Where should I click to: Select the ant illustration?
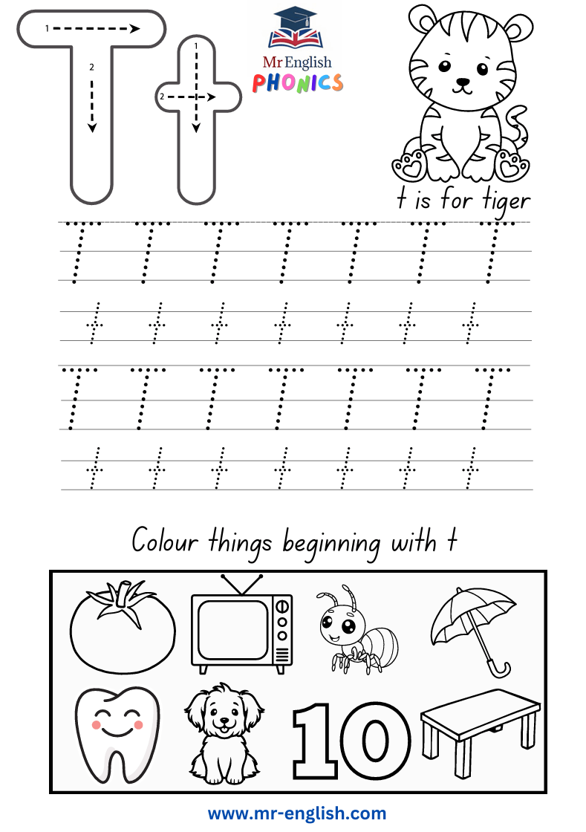click(357, 630)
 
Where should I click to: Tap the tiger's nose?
click(463, 82)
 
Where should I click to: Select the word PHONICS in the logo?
click(298, 83)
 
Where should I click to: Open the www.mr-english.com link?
click(297, 813)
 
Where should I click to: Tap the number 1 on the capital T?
click(47, 29)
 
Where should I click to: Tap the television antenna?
click(242, 584)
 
